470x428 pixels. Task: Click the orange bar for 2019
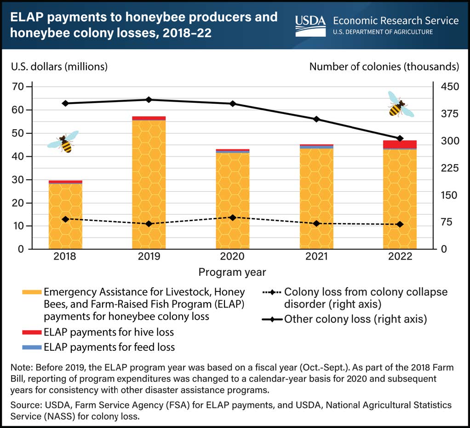pos(149,184)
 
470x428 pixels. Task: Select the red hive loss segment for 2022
pos(393,144)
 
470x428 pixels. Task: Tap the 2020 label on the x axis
pos(232,257)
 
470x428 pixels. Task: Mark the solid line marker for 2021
pos(316,119)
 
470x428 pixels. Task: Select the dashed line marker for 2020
pos(232,217)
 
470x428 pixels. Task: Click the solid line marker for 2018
pos(65,103)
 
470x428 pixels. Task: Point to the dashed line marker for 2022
pos(400,224)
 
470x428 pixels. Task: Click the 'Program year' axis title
pos(232,272)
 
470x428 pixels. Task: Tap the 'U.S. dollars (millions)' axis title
pos(59,66)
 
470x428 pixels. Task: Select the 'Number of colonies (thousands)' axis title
pos(384,66)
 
